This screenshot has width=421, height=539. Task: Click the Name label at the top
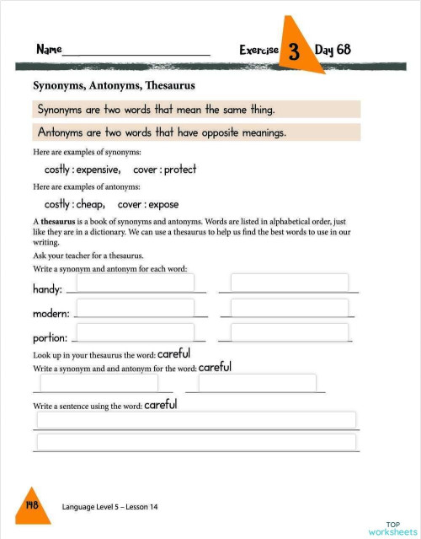(x=49, y=50)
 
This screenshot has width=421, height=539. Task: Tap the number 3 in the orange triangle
(x=294, y=51)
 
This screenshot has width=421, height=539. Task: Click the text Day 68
(x=333, y=50)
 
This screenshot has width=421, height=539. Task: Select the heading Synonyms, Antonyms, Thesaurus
(x=114, y=85)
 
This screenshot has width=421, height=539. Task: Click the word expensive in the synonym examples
(x=98, y=169)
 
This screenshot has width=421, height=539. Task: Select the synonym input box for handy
(x=135, y=283)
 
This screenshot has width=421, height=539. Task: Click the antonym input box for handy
(x=289, y=283)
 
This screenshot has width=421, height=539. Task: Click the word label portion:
(x=50, y=338)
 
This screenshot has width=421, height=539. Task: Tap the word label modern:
(x=51, y=314)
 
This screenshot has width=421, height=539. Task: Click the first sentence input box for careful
(x=195, y=420)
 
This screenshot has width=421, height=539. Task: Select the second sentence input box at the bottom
(x=195, y=441)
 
